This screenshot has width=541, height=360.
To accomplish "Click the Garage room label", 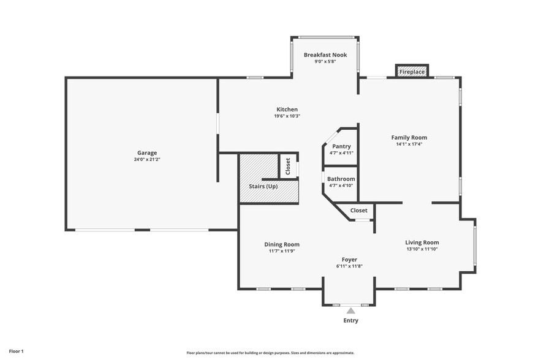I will pyautogui.click(x=147, y=152).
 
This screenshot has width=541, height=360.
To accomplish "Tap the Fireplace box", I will pyautogui.click(x=412, y=72).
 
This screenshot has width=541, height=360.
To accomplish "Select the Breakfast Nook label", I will pyautogui.click(x=325, y=54).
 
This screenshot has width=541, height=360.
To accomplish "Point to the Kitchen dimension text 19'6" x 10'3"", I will pyautogui.click(x=287, y=116).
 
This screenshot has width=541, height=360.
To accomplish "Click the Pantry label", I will pyautogui.click(x=341, y=146).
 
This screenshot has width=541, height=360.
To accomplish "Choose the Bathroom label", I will pyautogui.click(x=341, y=179).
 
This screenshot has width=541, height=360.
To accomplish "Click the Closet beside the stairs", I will pyautogui.click(x=288, y=166).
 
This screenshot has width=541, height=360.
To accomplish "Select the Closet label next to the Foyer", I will pyautogui.click(x=359, y=211).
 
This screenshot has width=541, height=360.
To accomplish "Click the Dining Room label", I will pyautogui.click(x=282, y=244).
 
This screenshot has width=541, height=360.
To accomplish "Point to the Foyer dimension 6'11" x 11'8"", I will pyautogui.click(x=349, y=266).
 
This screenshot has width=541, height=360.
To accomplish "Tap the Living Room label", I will pyautogui.click(x=422, y=242).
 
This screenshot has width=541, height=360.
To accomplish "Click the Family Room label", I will pyautogui.click(x=409, y=137).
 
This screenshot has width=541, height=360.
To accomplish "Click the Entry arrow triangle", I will pyautogui.click(x=351, y=310).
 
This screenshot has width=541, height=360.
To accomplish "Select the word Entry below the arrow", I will pyautogui.click(x=350, y=320).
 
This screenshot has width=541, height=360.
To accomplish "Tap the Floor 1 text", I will pyautogui.click(x=16, y=351).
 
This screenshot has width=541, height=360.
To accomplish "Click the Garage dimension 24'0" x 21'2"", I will pyautogui.click(x=147, y=159).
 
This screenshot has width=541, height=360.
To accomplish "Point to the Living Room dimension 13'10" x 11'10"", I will pyautogui.click(x=422, y=249).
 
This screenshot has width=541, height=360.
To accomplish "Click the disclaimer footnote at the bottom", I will pyautogui.click(x=270, y=353).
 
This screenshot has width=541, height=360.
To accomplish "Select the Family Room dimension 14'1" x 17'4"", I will pyautogui.click(x=409, y=144).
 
